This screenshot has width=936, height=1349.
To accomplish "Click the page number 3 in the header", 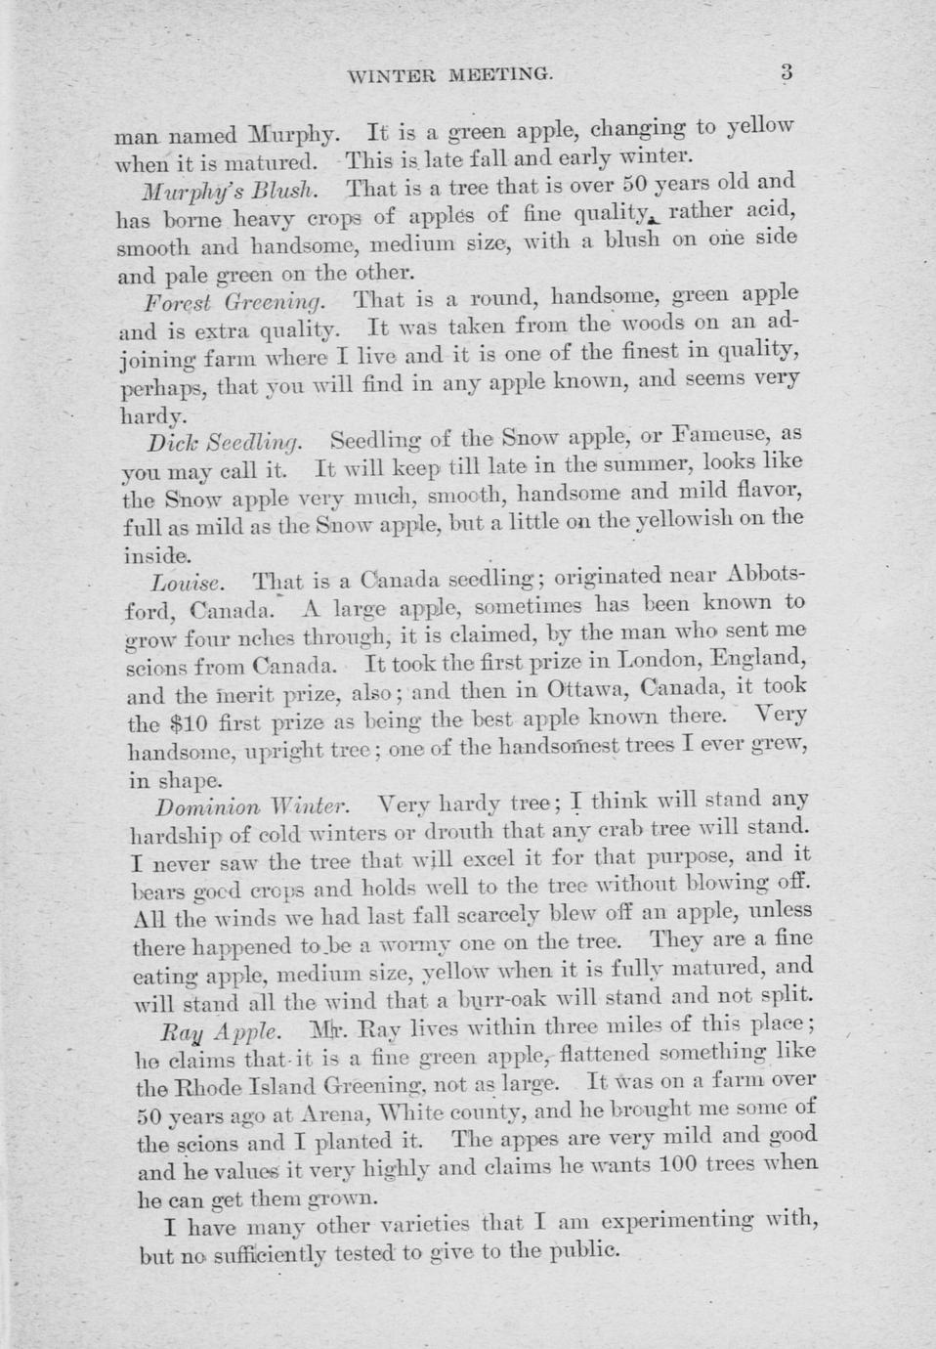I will (x=787, y=71).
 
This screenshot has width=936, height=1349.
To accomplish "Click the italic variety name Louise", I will (x=188, y=583).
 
